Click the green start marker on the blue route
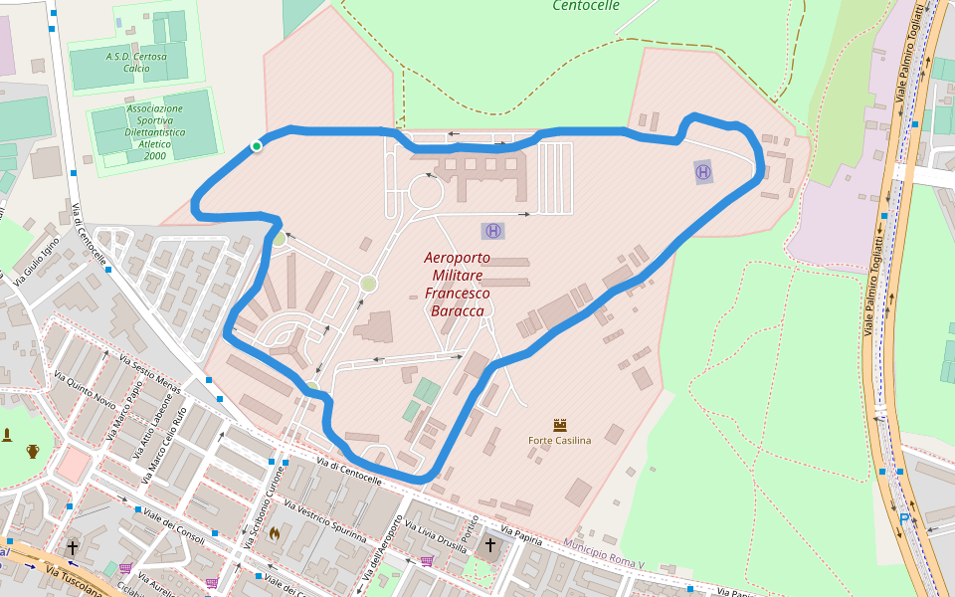tap(256, 146)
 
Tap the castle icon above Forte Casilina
tap(559, 424)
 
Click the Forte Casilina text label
tap(559, 440)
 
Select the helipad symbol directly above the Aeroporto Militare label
tap(492, 231)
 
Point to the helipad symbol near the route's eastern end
tap(703, 172)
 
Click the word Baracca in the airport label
tap(457, 311)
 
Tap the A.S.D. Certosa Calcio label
tap(136, 62)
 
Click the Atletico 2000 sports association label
tap(154, 131)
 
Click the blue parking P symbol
tap(904, 518)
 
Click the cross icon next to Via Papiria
tap(489, 544)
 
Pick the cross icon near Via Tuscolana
tap(72, 547)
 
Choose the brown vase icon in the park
tap(33, 451)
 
